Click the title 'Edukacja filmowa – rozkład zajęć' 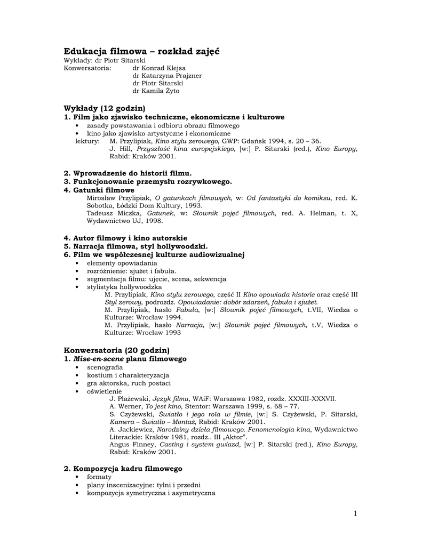pyautogui.click(x=141, y=51)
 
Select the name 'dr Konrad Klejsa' pyautogui.click(x=159, y=68)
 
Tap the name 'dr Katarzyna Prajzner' pyautogui.click(x=167, y=76)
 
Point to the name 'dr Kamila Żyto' pyautogui.click(x=156, y=91)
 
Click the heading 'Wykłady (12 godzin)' pyautogui.click(x=105, y=108)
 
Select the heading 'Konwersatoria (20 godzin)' pyautogui.click(x=116, y=350)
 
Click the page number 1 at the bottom pyautogui.click(x=355, y=513)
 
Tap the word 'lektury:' pyautogui.click(x=87, y=141)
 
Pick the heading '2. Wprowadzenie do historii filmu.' pyautogui.click(x=128, y=173)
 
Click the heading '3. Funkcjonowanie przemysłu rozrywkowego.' pyautogui.click(x=148, y=181)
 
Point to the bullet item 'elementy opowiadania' pyautogui.click(x=122, y=263)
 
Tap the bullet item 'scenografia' pyautogui.click(x=105, y=367)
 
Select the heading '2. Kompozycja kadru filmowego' pyautogui.click(x=123, y=468)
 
